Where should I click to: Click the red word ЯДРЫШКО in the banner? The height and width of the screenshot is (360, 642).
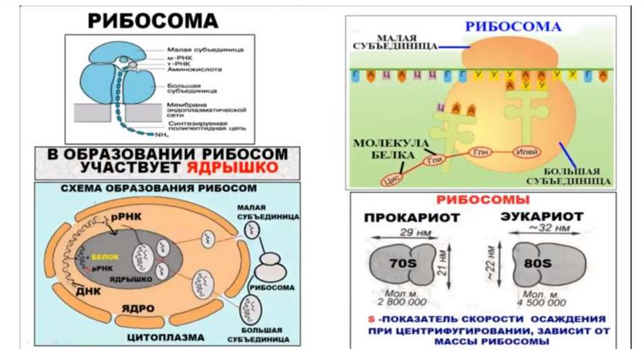pos(233,167)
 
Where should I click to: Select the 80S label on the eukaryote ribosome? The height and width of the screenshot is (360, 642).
pos(539,263)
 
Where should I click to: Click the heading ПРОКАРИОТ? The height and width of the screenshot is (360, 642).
pos(412,218)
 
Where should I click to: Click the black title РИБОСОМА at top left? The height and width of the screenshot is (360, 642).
pos(152,21)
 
